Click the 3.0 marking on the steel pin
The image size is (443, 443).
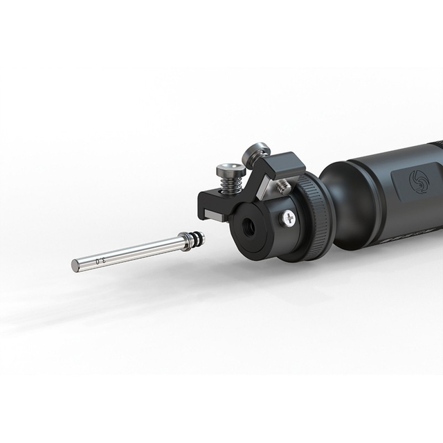point(100,260)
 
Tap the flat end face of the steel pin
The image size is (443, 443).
point(75,266)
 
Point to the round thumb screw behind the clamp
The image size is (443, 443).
point(254,153)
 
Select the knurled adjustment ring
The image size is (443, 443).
point(315,215)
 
